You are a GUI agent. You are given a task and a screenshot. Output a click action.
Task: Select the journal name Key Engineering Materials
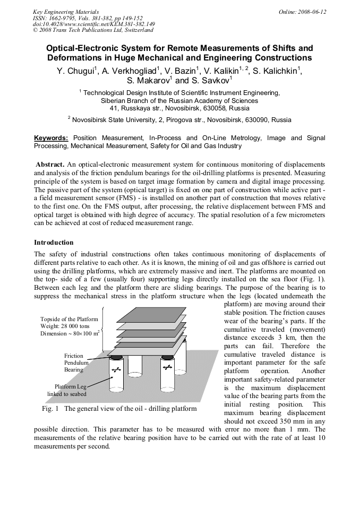pos(66,12)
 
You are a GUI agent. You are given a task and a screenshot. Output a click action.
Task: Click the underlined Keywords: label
pos(51,138)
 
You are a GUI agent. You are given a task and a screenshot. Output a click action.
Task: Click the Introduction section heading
pos(54,243)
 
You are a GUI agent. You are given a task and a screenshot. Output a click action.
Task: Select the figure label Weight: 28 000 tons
pos(66,326)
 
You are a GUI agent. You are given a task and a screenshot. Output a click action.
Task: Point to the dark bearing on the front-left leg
pos(117,357)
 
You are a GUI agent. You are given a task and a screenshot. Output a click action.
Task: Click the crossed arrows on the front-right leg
pos(167,367)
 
